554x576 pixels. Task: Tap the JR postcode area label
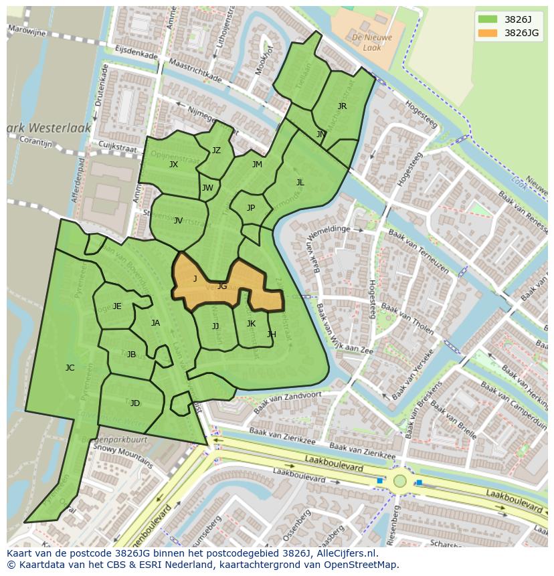coord(342,106)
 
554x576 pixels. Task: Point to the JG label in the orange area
coord(222,286)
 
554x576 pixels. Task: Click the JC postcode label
coord(70,367)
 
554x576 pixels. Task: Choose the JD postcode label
coord(135,403)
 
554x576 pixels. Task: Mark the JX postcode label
coord(173,164)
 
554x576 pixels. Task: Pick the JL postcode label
coord(300,182)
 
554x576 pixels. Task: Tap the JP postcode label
coord(251,207)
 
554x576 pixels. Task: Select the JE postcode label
coord(117,306)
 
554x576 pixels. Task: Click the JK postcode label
coord(251,323)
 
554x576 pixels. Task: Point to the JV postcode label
coord(178,220)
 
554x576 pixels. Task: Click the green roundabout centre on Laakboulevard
coord(399,480)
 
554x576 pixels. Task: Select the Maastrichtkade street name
coord(195,70)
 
